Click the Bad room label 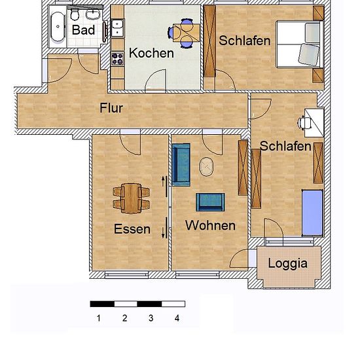click(83, 30)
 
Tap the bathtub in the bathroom click(58, 26)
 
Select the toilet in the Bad click(75, 15)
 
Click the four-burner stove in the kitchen click(118, 59)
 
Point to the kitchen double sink click(118, 28)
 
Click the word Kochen click(151, 53)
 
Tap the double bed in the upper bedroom click(300, 44)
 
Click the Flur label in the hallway click(111, 108)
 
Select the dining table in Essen click(131, 198)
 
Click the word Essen click(132, 229)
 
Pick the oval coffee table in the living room click(206, 167)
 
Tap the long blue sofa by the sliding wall click(181, 164)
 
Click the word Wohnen click(211, 225)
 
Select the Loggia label click(288, 264)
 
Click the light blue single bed click(312, 213)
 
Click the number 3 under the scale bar click(151, 318)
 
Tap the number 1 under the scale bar click(99, 318)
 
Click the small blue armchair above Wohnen click(210, 202)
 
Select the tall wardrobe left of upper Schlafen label click(210, 41)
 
